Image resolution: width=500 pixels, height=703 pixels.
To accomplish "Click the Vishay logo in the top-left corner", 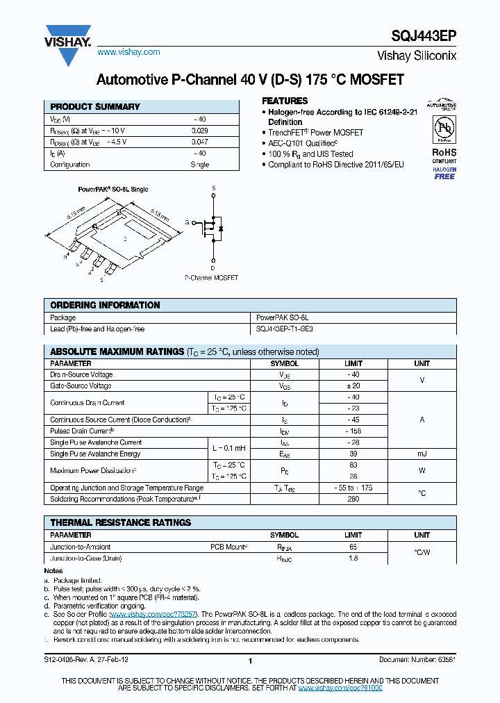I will tap(67, 45).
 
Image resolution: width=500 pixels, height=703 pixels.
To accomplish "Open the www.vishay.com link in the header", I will tap(128, 52).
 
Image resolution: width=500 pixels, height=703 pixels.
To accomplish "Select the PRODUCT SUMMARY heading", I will tap(95, 107).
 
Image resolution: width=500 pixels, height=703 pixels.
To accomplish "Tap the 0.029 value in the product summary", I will tap(199, 131).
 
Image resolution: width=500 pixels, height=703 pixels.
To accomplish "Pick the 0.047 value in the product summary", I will tap(199, 142).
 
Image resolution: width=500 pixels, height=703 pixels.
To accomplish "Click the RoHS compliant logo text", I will tap(444, 151).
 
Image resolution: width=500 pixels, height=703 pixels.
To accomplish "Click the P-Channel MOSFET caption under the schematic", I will tap(211, 278).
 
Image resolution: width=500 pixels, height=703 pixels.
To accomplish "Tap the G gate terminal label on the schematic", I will tap(187, 222).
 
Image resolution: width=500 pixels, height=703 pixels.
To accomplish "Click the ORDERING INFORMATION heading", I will tap(105, 305).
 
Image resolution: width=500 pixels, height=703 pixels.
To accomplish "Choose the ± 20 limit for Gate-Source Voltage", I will tap(353, 386).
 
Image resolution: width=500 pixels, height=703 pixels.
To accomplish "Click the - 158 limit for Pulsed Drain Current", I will tap(353, 431).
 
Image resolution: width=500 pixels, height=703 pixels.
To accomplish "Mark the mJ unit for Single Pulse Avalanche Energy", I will tap(422, 454).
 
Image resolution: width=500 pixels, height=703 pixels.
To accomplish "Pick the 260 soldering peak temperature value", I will tap(353, 499).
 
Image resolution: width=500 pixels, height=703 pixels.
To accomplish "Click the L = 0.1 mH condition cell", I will tap(228, 448).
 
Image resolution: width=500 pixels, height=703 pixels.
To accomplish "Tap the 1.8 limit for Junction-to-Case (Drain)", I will tap(353, 558).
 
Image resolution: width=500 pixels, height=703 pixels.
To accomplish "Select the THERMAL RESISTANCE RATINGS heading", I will tap(120, 522).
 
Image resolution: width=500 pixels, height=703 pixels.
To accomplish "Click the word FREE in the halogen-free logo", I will tap(444, 176).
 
